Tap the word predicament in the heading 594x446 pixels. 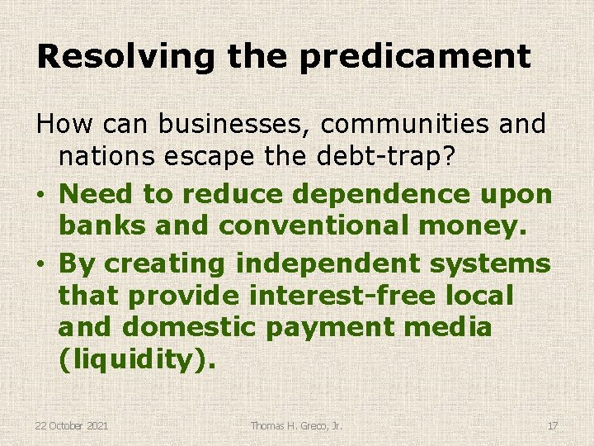click(x=414, y=57)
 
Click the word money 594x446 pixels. click(x=478, y=226)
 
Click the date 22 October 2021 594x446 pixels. click(x=71, y=425)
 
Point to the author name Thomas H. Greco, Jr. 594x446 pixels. click(x=297, y=425)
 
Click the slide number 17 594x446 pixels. click(x=553, y=425)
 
